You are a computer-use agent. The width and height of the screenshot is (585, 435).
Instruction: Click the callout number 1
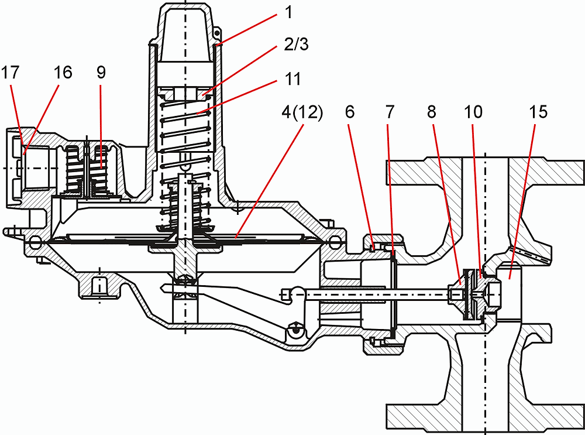(288, 13)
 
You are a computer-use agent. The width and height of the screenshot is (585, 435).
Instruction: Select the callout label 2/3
(296, 45)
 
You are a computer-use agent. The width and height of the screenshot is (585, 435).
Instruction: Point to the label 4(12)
(302, 112)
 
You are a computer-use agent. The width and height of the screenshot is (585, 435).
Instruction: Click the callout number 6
(350, 112)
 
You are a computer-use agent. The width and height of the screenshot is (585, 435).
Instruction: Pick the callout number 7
(390, 112)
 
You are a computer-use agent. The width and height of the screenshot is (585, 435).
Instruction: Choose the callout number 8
(432, 112)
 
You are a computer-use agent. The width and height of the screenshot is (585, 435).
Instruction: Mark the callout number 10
(473, 112)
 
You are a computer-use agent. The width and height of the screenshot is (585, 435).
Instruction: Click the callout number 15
(538, 112)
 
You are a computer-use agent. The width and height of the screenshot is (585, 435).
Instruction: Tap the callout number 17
(10, 73)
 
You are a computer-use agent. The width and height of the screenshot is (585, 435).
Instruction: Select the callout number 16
(63, 73)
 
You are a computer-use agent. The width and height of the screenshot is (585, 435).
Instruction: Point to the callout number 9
(101, 73)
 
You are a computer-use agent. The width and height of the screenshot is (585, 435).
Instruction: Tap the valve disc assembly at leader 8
(471, 294)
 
